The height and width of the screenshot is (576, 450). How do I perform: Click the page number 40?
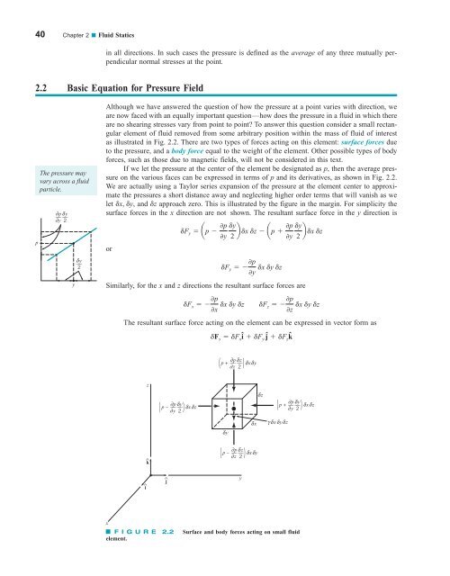click(x=17, y=10)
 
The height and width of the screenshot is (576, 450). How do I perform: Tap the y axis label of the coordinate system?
click(x=241, y=503)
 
